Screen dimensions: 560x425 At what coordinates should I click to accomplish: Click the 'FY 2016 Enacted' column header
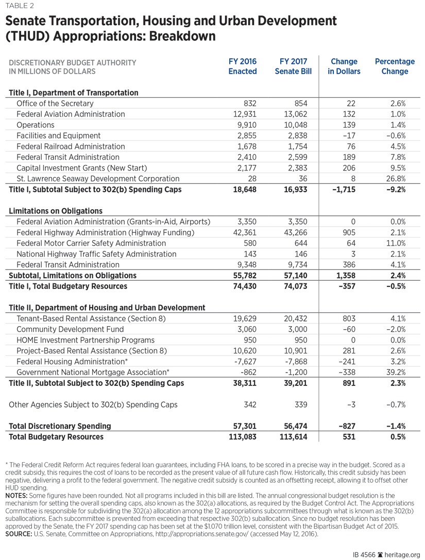(243, 66)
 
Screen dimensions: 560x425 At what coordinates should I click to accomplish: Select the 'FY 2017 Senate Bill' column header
(293, 66)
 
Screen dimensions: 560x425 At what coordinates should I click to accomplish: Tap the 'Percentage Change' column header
(395, 66)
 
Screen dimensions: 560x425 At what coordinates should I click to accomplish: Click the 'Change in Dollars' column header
(344, 66)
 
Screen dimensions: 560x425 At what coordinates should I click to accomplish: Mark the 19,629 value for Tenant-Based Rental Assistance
(246, 319)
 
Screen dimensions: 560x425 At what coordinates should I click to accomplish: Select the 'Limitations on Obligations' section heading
(55, 211)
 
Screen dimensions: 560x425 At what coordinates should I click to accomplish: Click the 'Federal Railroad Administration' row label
(71, 146)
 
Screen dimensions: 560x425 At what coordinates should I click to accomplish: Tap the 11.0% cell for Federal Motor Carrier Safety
(395, 243)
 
